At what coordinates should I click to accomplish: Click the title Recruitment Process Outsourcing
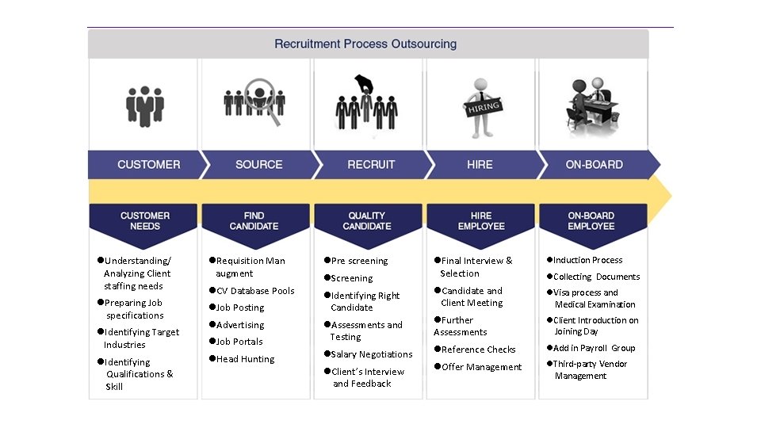[365, 44]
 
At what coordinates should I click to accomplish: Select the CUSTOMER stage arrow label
[148, 165]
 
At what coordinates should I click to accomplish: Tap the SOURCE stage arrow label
[258, 165]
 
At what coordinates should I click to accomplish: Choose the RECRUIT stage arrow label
[371, 165]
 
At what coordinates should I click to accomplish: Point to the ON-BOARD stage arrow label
[594, 165]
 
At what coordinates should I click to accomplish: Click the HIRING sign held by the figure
[482, 109]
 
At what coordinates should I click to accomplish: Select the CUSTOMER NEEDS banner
[145, 220]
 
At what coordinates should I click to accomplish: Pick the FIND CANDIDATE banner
[254, 220]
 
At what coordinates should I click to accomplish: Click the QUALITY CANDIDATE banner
[367, 220]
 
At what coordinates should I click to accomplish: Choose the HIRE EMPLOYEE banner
[480, 220]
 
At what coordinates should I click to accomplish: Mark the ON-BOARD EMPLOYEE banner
[591, 220]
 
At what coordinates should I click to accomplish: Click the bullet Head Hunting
[245, 359]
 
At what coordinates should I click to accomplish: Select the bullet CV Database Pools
[254, 291]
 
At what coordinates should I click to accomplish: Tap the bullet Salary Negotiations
[371, 354]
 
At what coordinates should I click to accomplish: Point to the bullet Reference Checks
[478, 350]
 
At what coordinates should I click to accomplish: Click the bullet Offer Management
[481, 367]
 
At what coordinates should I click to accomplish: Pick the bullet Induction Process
[587, 260]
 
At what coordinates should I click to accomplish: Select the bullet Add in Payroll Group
[594, 348]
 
